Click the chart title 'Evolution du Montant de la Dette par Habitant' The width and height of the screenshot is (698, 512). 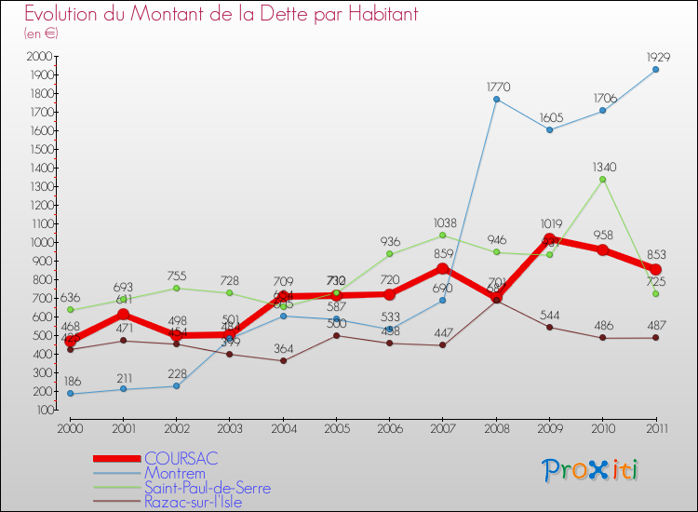pos(221,14)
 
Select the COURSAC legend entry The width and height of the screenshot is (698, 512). pos(181,459)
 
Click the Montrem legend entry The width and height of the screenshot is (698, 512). pos(174,473)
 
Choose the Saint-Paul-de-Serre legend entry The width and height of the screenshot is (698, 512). pos(208,487)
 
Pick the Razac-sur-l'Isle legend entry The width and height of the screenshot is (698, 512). pos(203,501)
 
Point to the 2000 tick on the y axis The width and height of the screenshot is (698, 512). pos(40,56)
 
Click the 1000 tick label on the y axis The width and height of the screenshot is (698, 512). pos(40,242)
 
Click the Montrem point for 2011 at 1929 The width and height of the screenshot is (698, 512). pos(655,69)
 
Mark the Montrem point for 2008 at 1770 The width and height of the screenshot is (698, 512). pos(496,99)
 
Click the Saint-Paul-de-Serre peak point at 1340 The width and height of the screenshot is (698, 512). pos(602,179)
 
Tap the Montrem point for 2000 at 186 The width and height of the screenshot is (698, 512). pos(70,394)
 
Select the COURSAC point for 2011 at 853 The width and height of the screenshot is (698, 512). pos(655,269)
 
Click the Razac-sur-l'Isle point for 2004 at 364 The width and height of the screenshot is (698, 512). pos(283,360)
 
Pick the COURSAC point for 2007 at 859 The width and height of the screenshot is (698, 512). pos(443,268)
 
